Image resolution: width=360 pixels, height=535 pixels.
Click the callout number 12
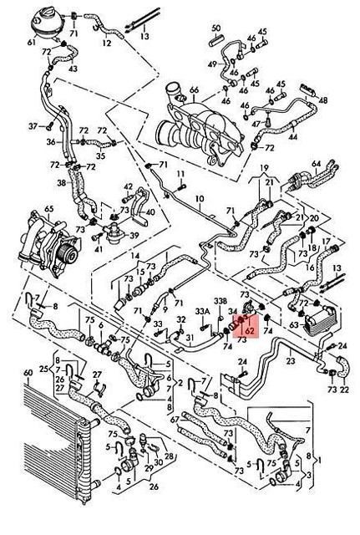click(106, 42)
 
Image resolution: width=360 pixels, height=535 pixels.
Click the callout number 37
click(34, 126)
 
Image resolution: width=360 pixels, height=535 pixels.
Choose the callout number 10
click(199, 198)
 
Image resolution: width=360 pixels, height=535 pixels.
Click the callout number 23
click(291, 361)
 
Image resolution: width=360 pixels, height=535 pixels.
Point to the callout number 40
click(150, 213)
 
